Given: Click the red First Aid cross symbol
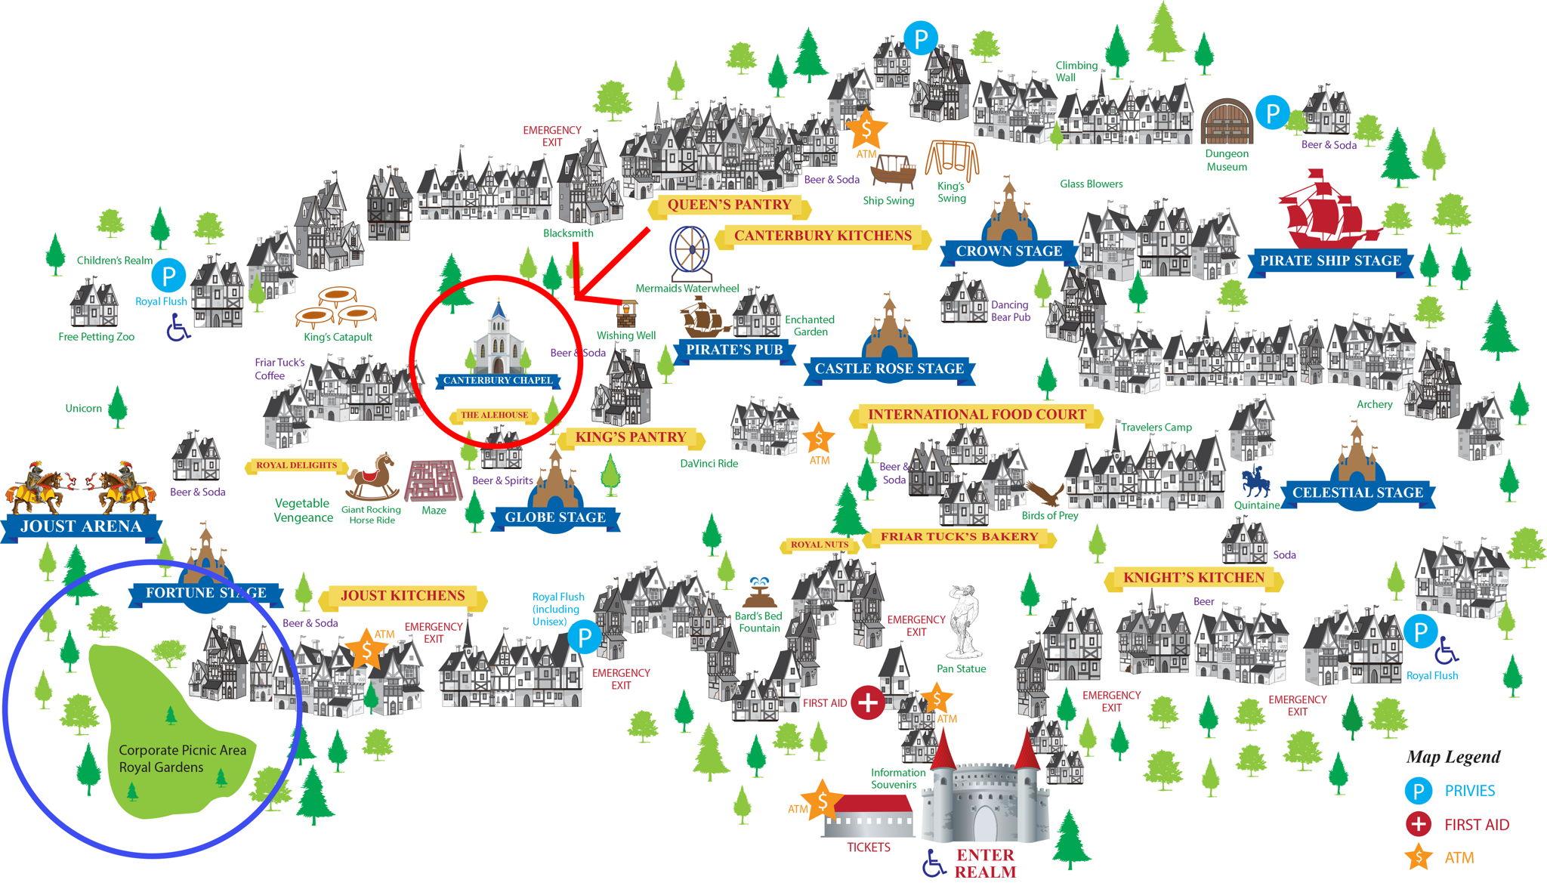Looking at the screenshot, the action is pos(868,703).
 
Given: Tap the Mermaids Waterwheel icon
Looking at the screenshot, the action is pos(689,253).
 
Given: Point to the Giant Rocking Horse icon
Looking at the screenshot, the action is pos(372,477).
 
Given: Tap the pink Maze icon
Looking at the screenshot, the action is pos(434,480).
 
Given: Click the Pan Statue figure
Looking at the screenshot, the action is pos(962,620).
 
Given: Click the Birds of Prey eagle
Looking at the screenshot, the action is pos(1045,494).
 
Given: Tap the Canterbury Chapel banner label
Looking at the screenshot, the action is pos(498,381).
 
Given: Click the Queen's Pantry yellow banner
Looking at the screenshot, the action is pos(729,205).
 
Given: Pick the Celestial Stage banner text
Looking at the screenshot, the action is pos(1357,492).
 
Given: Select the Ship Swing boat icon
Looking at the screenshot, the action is pos(893,172).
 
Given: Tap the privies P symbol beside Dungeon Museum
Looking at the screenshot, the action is pos(1273,113).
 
